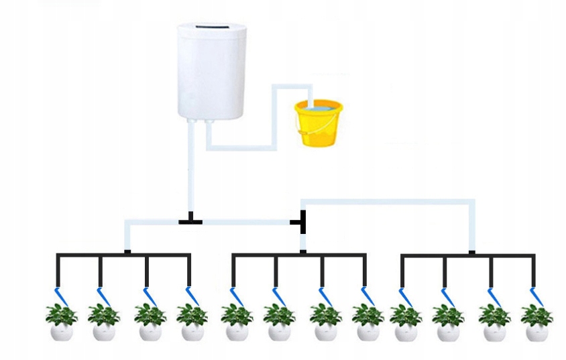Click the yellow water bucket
click(x=318, y=123)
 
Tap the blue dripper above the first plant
click(x=60, y=296)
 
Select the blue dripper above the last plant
click(x=536, y=296)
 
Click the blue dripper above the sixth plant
click(x=277, y=296)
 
